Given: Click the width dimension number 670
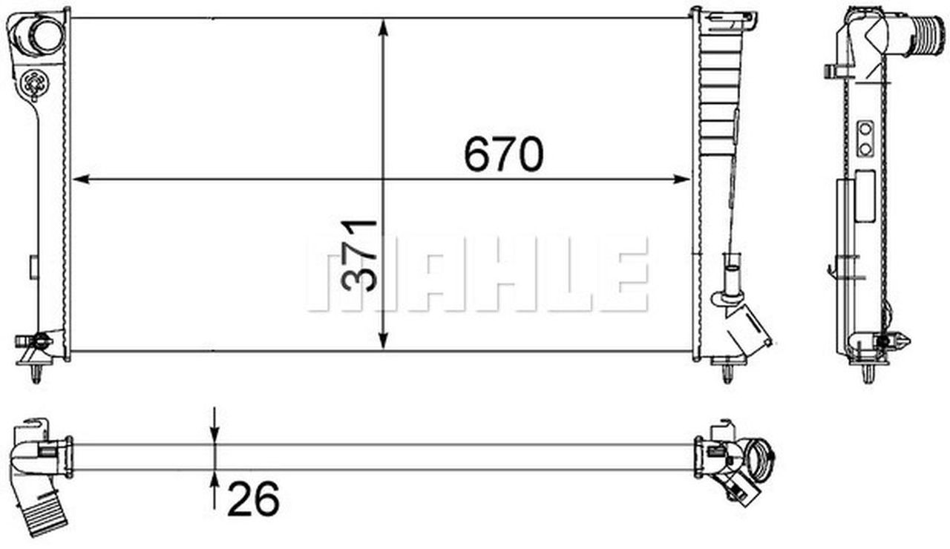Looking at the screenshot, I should [x=504, y=155].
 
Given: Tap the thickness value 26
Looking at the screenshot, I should [x=253, y=498].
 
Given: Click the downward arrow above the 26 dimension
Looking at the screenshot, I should [x=214, y=433].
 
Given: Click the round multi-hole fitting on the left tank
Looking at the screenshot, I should [x=34, y=83].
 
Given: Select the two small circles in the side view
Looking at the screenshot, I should [x=865, y=139].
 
